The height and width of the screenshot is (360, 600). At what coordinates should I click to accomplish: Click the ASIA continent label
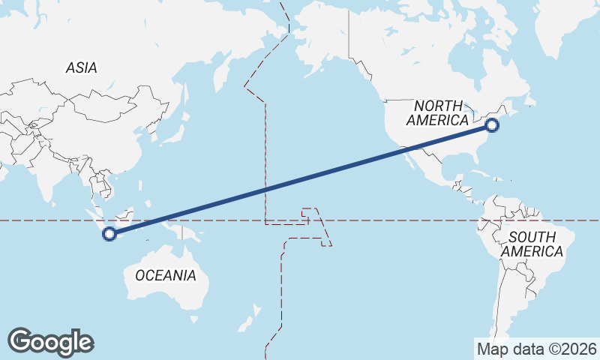(x=81, y=67)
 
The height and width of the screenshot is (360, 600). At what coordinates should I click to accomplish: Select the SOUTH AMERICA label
(x=532, y=244)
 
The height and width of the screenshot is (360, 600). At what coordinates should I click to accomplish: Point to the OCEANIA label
(x=166, y=275)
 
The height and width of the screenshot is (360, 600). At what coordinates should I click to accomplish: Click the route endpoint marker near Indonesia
(x=109, y=234)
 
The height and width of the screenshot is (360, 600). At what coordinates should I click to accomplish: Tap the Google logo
(x=50, y=341)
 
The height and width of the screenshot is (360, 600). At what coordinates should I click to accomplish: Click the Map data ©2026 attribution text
(x=537, y=349)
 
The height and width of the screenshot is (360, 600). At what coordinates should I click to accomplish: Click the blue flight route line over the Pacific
(x=300, y=180)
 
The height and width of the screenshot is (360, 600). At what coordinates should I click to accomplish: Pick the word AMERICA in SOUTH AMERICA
(x=532, y=252)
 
